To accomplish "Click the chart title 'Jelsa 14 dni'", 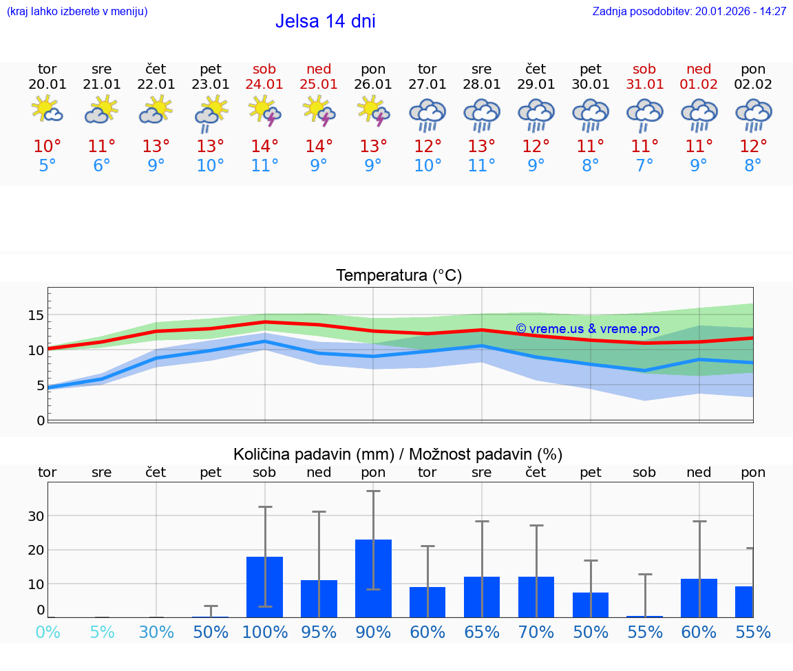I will (x=325, y=21).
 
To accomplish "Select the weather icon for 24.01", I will (x=264, y=111).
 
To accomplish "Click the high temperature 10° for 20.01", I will (x=47, y=147).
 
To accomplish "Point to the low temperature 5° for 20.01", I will (x=47, y=166).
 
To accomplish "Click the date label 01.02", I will (x=699, y=85).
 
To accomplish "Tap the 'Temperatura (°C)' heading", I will (x=399, y=276).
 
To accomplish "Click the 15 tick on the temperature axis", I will (x=36, y=315).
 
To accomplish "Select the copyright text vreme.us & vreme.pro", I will (x=587, y=329).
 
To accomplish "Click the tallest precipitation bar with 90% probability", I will (x=373, y=578).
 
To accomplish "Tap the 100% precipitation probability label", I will (x=264, y=632).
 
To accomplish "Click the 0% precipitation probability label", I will (x=47, y=632).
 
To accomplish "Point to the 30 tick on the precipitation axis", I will (x=36, y=516).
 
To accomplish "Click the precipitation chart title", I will (x=398, y=454).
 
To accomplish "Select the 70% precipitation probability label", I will (x=536, y=632).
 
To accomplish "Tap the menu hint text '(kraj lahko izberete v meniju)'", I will (x=76, y=12).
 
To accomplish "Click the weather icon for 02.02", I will (x=753, y=114).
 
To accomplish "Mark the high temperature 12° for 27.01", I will (x=427, y=147).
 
